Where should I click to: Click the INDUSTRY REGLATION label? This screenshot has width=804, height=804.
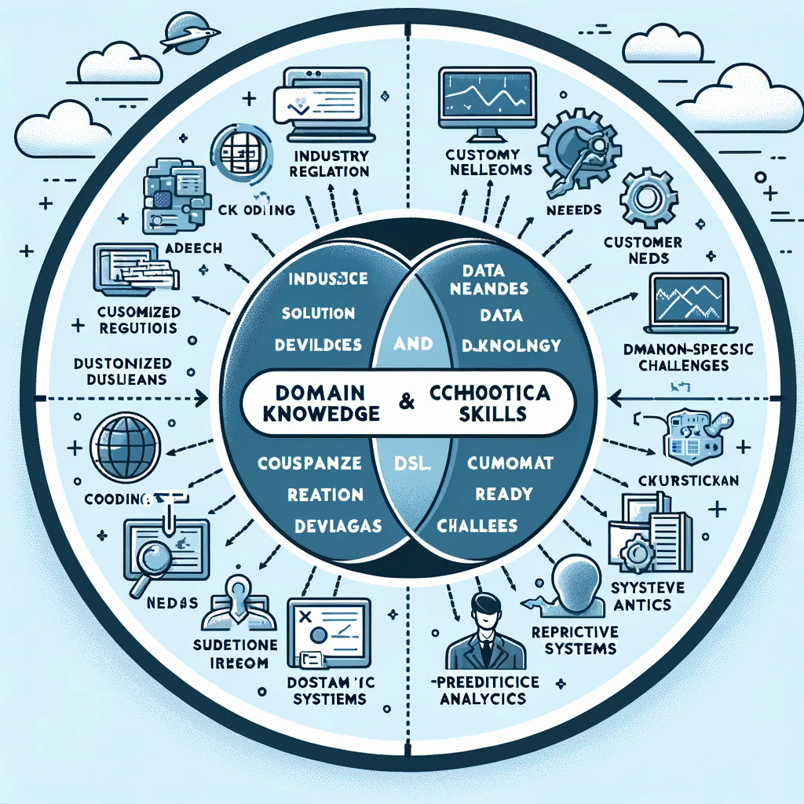click(328, 163)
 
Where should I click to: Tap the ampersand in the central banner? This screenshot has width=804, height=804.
click(407, 401)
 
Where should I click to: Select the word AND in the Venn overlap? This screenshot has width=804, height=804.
click(411, 344)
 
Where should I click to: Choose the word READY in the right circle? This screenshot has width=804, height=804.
click(503, 495)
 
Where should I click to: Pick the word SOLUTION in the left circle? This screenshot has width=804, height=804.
click(317, 313)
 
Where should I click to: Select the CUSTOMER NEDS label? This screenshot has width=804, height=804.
click(643, 250)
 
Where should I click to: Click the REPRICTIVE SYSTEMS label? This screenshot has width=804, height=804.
click(574, 640)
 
